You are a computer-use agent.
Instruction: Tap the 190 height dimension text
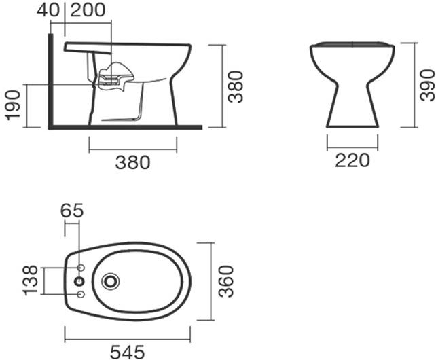tap(12, 105)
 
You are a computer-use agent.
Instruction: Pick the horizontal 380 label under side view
tap(133, 162)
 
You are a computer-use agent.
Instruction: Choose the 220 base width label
tap(352, 160)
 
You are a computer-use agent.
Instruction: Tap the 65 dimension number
tap(72, 211)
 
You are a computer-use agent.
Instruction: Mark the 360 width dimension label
tap(226, 281)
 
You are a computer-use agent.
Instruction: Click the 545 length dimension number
tap(127, 351)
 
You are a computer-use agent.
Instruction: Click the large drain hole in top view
tap(110, 281)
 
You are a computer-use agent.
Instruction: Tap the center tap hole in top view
tap(80, 281)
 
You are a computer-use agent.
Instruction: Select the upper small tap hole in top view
tap(81, 267)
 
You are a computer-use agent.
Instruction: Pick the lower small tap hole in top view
tap(81, 294)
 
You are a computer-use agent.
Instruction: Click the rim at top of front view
tap(352, 45)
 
